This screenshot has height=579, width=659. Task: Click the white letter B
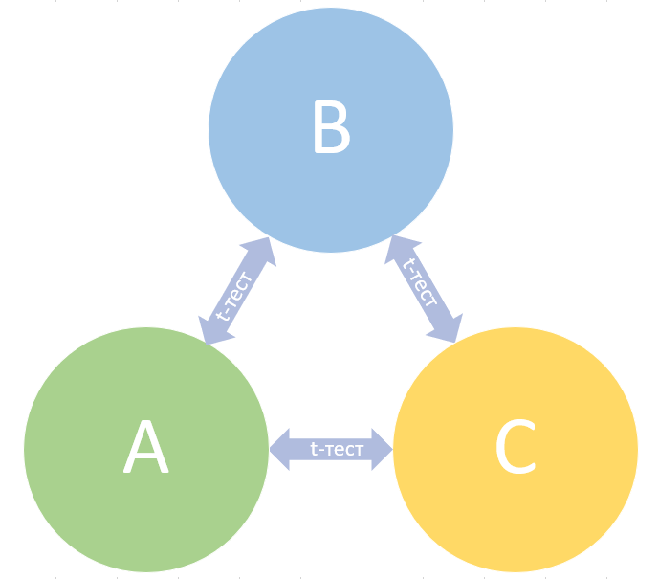pos(331,128)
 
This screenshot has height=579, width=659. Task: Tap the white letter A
pos(145,449)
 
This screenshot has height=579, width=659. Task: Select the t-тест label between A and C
pos(331,449)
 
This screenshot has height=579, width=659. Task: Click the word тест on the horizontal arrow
pos(340,449)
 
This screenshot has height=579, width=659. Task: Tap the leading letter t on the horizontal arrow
pos(314,449)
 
